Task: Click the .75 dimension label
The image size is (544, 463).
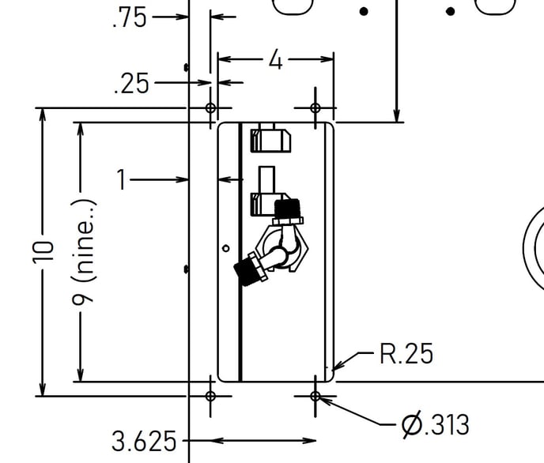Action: (x=130, y=18)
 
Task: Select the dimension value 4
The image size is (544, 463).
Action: (x=275, y=60)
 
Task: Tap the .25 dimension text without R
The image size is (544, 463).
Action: (x=131, y=84)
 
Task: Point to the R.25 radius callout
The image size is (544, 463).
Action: (x=406, y=353)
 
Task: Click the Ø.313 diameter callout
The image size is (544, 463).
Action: (x=436, y=424)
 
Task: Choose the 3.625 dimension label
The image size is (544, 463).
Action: (x=144, y=441)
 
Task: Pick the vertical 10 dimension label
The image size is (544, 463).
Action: (x=43, y=252)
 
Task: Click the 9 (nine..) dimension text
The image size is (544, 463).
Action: (x=83, y=253)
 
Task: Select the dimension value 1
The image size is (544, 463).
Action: (x=121, y=179)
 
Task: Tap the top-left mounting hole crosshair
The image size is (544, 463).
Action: (x=210, y=107)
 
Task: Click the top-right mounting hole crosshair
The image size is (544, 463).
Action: (x=315, y=107)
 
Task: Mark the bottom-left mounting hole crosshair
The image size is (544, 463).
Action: (x=210, y=396)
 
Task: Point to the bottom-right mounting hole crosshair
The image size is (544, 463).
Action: (x=315, y=396)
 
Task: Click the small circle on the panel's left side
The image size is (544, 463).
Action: (x=226, y=248)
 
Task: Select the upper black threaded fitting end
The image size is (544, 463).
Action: (x=287, y=208)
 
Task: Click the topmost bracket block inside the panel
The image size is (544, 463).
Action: (x=270, y=141)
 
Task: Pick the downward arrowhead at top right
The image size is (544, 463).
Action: (x=397, y=115)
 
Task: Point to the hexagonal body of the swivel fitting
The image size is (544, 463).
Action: (x=281, y=249)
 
